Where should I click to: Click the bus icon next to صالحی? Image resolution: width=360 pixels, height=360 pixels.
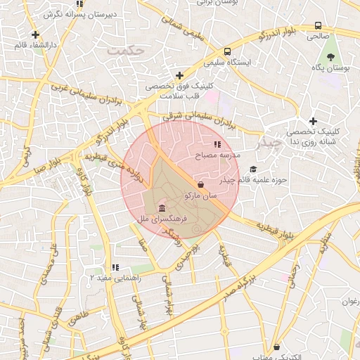pyautogui.click(x=318, y=26)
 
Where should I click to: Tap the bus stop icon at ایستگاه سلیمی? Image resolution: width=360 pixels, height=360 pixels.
pyautogui.click(x=227, y=51)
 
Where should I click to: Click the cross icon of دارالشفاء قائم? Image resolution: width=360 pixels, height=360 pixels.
pyautogui.click(x=35, y=34)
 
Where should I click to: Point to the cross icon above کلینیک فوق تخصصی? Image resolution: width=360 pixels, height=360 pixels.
pyautogui.click(x=179, y=75)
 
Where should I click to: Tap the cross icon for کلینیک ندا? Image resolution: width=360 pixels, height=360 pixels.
pyautogui.click(x=313, y=121)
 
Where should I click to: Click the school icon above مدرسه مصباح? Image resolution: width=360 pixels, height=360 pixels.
pyautogui.click(x=207, y=144)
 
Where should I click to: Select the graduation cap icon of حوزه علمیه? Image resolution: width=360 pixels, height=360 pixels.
pyautogui.click(x=253, y=169)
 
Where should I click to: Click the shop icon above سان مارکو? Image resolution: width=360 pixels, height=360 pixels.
pyautogui.click(x=201, y=184)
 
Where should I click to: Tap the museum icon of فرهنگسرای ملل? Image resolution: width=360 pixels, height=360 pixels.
pyautogui.click(x=162, y=210)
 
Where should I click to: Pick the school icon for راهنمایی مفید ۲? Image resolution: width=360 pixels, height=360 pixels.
pyautogui.click(x=115, y=267)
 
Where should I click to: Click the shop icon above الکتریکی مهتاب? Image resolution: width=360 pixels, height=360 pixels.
pyautogui.click(x=277, y=347)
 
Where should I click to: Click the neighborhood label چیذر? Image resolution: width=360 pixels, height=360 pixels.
pyautogui.click(x=270, y=143)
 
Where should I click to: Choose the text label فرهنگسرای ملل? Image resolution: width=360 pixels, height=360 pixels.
pyautogui.click(x=161, y=220)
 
